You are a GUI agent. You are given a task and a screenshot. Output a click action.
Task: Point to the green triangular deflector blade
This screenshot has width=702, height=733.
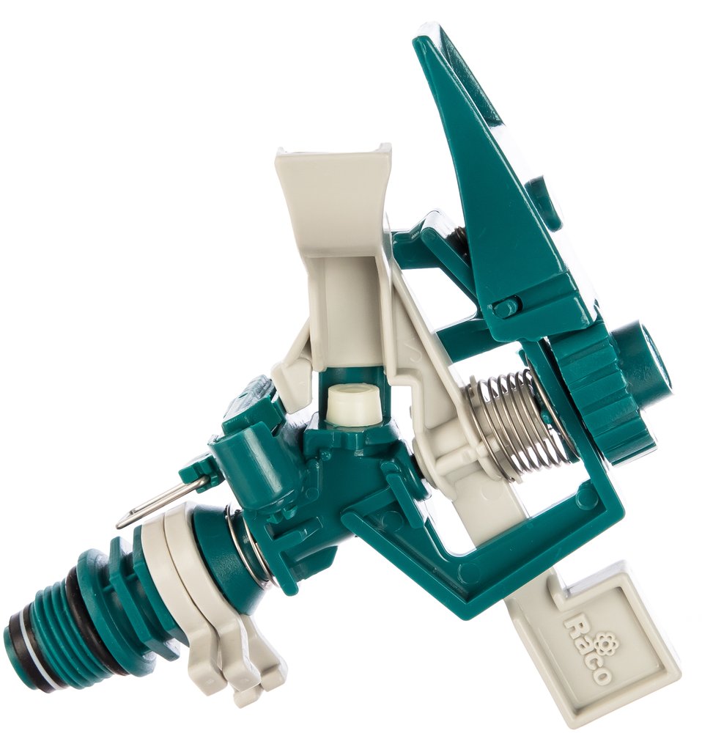(x=472, y=154)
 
